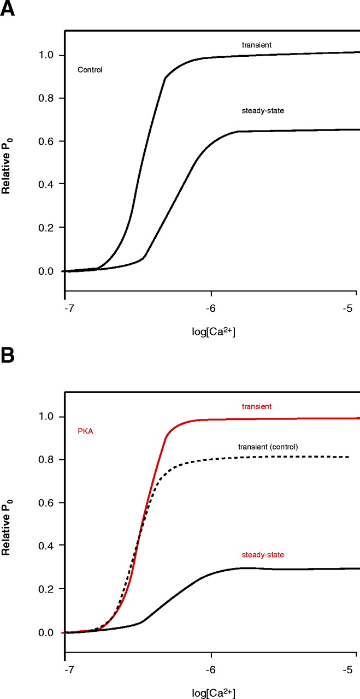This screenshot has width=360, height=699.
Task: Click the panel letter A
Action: [8, 10]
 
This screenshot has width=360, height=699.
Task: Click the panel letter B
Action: [8, 358]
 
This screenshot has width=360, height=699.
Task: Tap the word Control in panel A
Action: [90, 70]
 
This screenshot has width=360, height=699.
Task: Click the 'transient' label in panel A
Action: [257, 44]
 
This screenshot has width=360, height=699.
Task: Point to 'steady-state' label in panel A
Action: [263, 111]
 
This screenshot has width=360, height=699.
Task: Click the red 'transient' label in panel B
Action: [257, 406]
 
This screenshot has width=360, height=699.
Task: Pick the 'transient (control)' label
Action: [268, 447]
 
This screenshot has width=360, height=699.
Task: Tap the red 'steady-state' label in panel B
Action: [263, 555]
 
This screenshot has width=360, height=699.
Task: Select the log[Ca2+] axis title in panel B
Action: [211, 693]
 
